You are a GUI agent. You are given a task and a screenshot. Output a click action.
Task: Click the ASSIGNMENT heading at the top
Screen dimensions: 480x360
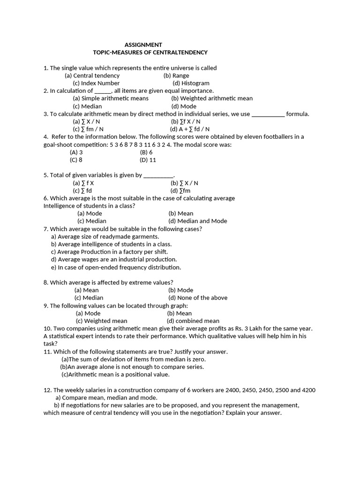[x=143, y=45]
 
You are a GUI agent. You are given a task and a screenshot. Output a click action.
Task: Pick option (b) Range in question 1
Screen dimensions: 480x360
[x=176, y=75]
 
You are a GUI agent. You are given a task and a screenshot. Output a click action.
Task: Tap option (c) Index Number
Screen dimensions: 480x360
[x=96, y=83]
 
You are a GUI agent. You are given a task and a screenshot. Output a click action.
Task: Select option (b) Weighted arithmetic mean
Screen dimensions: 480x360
[x=212, y=98]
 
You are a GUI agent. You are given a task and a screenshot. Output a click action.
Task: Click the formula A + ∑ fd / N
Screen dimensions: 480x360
[x=189, y=129]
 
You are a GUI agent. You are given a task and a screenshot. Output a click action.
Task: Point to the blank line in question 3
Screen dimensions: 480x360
[x=268, y=114]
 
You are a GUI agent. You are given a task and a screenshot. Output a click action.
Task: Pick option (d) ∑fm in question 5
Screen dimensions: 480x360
[x=180, y=191]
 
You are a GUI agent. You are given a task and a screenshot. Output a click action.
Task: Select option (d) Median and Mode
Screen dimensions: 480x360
[x=197, y=221]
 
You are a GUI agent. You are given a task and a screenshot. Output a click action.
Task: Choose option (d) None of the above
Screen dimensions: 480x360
[x=197, y=298]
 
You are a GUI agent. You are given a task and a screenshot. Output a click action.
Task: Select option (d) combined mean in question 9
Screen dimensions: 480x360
[x=193, y=321]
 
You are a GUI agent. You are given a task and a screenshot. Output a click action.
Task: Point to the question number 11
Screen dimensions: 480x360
[x=47, y=352]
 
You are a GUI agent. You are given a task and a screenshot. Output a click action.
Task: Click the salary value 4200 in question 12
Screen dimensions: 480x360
[x=308, y=390]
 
